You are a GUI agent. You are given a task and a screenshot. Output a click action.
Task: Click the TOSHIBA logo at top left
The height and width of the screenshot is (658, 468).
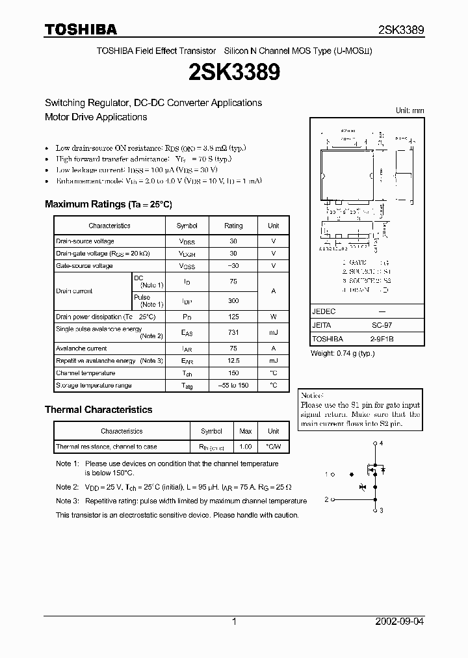coord(81,29)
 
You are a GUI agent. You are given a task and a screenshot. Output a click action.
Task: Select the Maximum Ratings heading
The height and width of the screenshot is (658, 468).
coord(108,204)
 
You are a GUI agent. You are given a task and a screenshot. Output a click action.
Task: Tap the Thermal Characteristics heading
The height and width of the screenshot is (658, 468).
coord(98,410)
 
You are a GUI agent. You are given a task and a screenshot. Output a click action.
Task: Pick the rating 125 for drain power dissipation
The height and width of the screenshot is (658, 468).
coord(233,317)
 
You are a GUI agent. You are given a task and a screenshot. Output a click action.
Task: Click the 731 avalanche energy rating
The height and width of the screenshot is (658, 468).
coord(233,332)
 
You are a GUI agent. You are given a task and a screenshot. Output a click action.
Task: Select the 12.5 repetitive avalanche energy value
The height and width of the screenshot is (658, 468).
coord(233,360)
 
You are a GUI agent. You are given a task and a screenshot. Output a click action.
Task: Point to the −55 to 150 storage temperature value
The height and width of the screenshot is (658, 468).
coord(233,386)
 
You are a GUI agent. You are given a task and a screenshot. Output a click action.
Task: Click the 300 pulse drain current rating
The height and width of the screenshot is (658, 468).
coord(233,300)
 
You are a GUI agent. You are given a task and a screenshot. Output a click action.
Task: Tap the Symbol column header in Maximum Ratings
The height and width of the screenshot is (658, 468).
coord(187,226)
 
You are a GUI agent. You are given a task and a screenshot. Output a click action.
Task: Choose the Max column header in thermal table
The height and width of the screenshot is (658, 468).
coord(246,431)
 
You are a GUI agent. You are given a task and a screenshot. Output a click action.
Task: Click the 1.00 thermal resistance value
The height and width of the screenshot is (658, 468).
coord(246,447)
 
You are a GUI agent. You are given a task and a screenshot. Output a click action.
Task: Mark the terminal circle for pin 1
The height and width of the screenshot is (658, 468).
coord(333,475)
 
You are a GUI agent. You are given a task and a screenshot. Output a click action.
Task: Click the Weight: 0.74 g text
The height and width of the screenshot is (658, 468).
coord(343,353)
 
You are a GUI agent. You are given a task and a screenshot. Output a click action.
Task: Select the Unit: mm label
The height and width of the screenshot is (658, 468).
coord(409,111)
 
